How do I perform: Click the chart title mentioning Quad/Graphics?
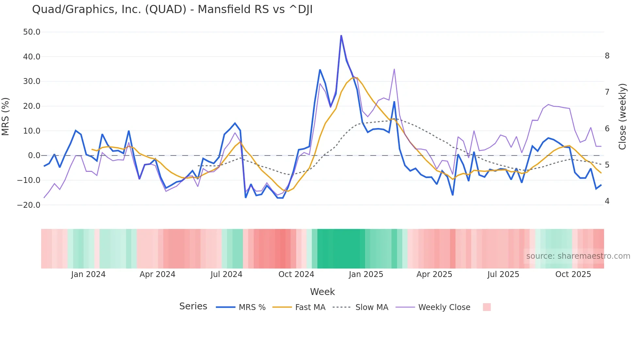pyautogui.click(x=172, y=9)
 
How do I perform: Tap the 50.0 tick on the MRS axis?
pyautogui.click(x=32, y=32)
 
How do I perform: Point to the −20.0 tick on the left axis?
pyautogui.click(x=29, y=205)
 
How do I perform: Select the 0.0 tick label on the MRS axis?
pyautogui.click(x=34, y=155)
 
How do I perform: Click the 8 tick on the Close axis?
pyautogui.click(x=607, y=56)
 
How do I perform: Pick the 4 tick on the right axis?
pyautogui.click(x=607, y=201)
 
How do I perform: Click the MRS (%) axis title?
pyautogui.click(x=6, y=117)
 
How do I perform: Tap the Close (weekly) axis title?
pyautogui.click(x=623, y=117)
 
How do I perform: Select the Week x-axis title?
pyautogui.click(x=322, y=292)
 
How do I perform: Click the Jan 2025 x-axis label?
pyautogui.click(x=366, y=274)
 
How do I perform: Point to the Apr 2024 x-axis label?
pyautogui.click(x=157, y=274)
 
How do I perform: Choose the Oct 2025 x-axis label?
pyautogui.click(x=573, y=274)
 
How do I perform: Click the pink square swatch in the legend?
pyautogui.click(x=487, y=307)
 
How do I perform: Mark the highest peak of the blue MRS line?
pyautogui.click(x=341, y=36)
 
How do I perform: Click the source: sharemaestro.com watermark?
pyautogui.click(x=578, y=256)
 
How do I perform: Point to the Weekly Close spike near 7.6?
pyautogui.click(x=394, y=69)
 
